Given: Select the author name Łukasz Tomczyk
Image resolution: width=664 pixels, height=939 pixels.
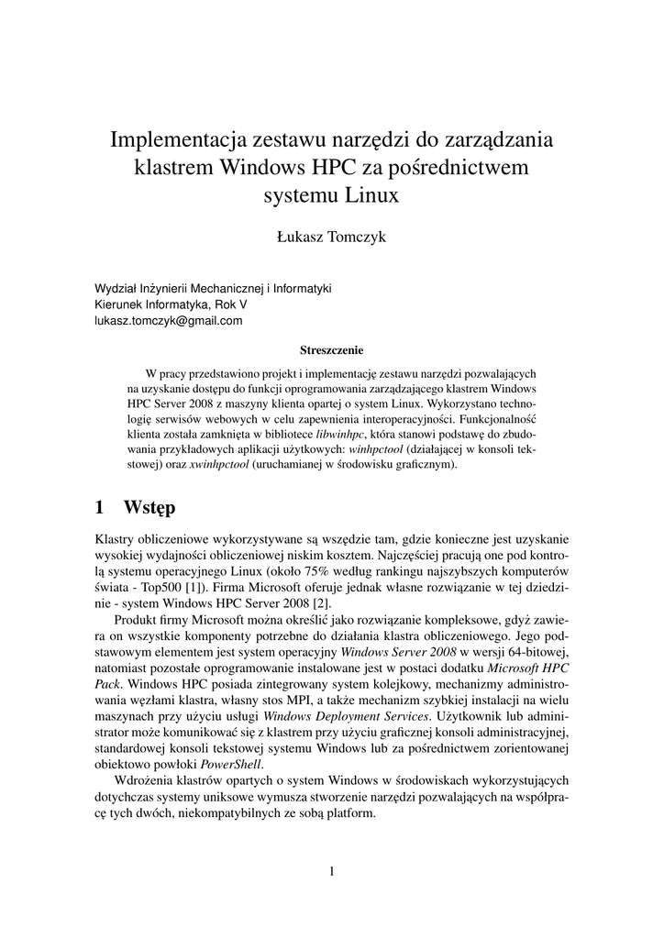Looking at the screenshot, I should (331, 238).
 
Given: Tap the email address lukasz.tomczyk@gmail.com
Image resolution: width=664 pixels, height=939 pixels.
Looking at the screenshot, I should (169, 321).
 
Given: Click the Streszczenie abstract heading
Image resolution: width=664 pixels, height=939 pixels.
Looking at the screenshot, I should (332, 349).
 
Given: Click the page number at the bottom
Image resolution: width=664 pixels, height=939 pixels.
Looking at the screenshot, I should (332, 871).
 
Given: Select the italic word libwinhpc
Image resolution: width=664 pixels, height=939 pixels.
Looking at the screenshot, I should (340, 432).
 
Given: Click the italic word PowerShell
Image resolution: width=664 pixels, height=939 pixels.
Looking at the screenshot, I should (231, 765).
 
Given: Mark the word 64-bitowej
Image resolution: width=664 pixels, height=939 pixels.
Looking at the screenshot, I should (537, 652).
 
